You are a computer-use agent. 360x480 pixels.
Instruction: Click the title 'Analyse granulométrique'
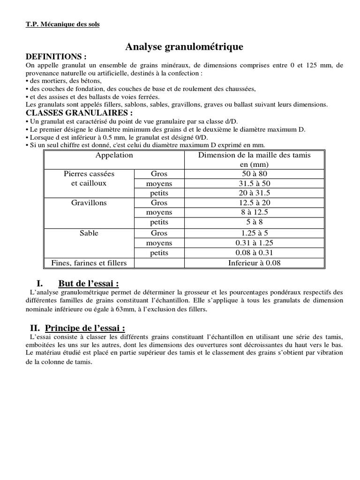(184, 47)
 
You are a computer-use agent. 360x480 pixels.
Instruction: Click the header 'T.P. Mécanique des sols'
(62, 24)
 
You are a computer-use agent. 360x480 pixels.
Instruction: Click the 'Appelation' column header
(114, 155)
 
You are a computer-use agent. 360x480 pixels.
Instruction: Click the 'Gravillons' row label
(89, 203)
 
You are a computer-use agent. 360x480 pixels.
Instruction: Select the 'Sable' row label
(89, 233)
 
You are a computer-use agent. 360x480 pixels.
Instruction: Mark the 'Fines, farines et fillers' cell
(89, 263)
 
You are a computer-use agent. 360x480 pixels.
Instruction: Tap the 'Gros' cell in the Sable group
(159, 233)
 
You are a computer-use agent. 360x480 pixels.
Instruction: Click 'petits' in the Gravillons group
(159, 222)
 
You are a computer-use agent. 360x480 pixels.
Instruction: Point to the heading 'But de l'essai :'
(88, 284)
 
